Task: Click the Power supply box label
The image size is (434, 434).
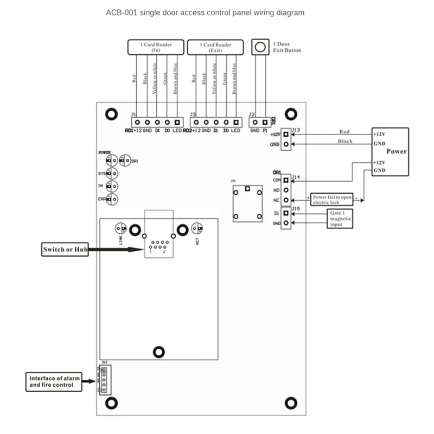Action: pyautogui.click(x=397, y=151)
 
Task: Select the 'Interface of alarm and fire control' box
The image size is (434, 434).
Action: pyautogui.click(x=53, y=381)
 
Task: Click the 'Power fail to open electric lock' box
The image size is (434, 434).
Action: pyautogui.click(x=333, y=199)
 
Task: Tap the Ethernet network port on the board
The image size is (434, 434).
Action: pyautogui.click(x=158, y=247)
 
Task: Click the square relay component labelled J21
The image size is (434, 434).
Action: pyautogui.click(x=247, y=203)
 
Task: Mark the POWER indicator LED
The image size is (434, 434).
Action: pyautogui.click(x=111, y=160)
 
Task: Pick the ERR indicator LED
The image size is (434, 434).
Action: pyautogui.click(x=112, y=199)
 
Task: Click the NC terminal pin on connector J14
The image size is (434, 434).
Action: pyautogui.click(x=285, y=200)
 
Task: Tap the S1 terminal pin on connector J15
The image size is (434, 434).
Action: pyautogui.click(x=285, y=214)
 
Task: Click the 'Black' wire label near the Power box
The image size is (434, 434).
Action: pyautogui.click(x=345, y=141)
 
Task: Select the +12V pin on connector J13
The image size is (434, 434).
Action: pyautogui.click(x=286, y=134)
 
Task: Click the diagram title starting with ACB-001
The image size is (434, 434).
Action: pyautogui.click(x=205, y=12)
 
